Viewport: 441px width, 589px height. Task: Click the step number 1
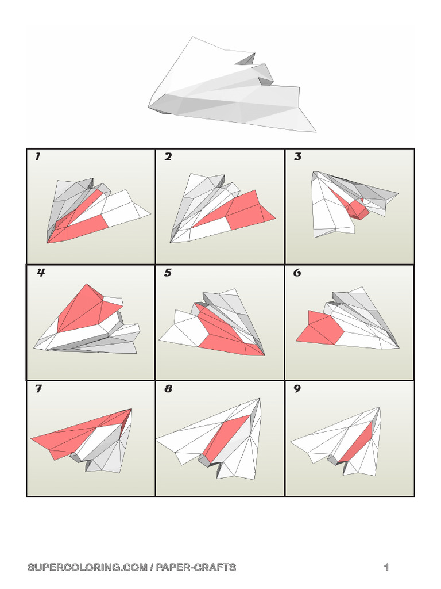coord(37,156)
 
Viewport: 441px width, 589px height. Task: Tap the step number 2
coord(168,156)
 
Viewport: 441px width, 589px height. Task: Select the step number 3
coord(297,156)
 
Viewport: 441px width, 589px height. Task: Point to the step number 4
coord(41,272)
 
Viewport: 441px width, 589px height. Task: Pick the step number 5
coord(168,272)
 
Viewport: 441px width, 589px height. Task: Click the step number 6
coord(297,272)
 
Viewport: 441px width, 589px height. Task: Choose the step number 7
coord(38,389)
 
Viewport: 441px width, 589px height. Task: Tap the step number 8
coord(168,389)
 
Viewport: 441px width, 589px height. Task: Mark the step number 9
coord(297,389)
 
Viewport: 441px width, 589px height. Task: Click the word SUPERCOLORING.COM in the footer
coord(87,567)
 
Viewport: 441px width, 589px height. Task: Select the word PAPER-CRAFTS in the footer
coord(196,567)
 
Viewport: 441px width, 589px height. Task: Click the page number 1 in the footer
coord(386,567)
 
